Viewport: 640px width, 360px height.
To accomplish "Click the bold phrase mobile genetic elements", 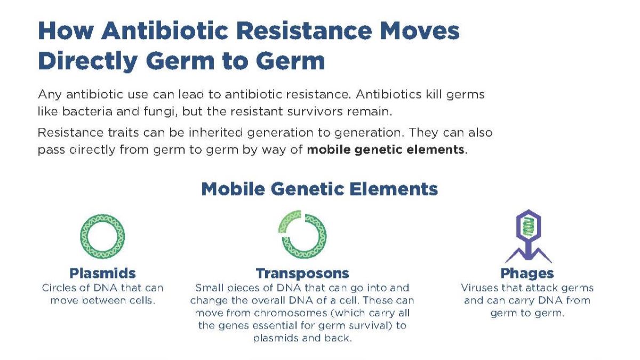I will click(x=385, y=150).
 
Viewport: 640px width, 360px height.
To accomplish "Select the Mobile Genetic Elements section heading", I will click(x=319, y=189).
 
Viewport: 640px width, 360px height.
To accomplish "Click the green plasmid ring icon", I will click(x=102, y=236).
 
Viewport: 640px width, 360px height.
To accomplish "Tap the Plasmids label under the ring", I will click(x=102, y=274).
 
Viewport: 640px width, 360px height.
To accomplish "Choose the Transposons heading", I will click(x=302, y=274).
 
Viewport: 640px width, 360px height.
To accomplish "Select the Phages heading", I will click(x=527, y=274).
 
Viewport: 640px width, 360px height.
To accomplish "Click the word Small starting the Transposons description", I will click(x=210, y=288).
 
